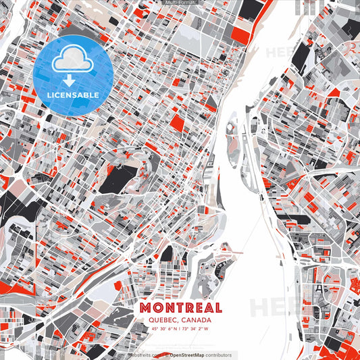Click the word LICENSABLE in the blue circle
click(x=72, y=95)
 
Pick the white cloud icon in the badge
click(x=72, y=59)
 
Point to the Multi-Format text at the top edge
click(x=180, y=2)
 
